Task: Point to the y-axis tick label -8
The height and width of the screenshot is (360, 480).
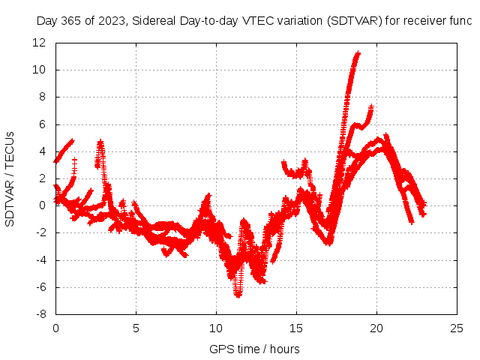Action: tap(41, 315)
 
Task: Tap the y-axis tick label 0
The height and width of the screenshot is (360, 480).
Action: tap(43, 206)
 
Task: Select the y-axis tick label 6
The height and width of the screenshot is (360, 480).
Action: tap(43, 124)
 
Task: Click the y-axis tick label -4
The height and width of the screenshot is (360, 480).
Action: tap(41, 260)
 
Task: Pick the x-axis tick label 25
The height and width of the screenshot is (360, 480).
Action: tap(457, 328)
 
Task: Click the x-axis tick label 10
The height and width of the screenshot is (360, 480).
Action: tap(216, 328)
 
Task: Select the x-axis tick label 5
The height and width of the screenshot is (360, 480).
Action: tap(136, 328)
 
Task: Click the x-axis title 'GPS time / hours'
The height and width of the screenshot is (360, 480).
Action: tap(254, 349)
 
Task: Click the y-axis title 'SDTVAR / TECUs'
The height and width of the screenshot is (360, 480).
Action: tap(10, 179)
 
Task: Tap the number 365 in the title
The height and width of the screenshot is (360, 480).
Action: tap(71, 21)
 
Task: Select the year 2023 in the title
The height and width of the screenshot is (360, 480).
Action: tap(113, 21)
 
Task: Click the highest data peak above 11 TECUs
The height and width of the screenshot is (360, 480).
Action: tap(358, 54)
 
